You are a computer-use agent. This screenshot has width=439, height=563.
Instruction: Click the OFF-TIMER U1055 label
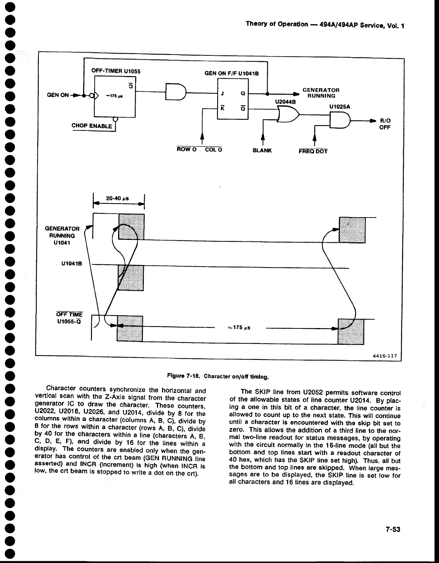116,71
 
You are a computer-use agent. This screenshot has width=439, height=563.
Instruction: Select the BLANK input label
262,150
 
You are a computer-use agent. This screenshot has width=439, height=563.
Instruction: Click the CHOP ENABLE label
92,126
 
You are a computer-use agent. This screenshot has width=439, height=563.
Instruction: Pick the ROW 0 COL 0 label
200,150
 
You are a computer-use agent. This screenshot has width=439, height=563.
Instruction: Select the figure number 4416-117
385,355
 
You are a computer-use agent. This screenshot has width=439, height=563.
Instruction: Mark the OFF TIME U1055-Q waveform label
70,317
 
